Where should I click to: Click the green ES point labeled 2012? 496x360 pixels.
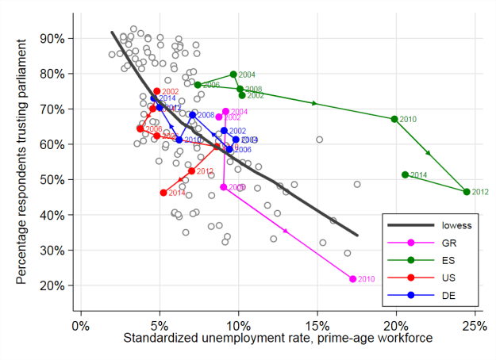click(467, 191)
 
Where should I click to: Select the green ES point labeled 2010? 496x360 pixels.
click(394, 119)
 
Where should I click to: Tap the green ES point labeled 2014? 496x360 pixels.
click(405, 174)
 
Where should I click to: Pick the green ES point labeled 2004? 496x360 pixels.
click(233, 75)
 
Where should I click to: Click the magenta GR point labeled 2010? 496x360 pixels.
click(352, 279)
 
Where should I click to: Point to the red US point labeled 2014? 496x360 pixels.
click(163, 193)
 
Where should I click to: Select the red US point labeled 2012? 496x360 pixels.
click(191, 170)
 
